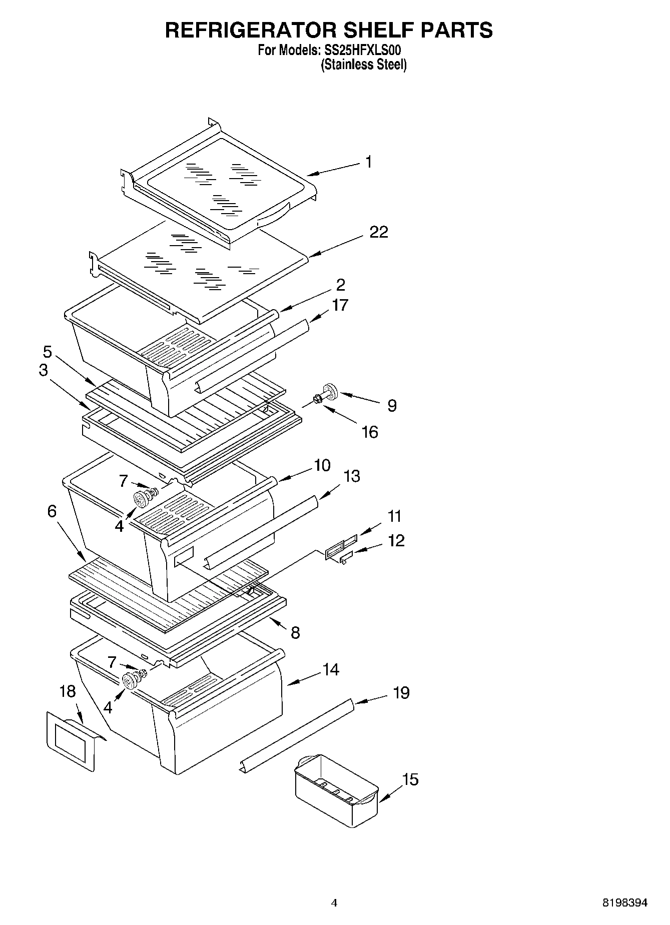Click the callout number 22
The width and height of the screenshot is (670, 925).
(378, 232)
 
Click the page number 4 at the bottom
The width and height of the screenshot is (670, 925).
(334, 902)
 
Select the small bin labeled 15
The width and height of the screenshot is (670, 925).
(335, 790)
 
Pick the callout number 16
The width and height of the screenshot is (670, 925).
(369, 432)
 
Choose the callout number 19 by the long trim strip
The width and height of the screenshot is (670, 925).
(401, 693)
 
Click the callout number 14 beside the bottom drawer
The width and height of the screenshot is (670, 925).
(330, 669)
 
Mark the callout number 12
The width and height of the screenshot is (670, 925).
(396, 540)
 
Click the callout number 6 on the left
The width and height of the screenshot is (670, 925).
(52, 511)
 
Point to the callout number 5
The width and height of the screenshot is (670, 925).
(47, 351)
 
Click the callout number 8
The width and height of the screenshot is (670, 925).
(295, 633)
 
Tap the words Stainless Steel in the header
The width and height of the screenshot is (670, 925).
(363, 65)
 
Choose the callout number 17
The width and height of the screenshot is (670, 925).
(339, 305)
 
